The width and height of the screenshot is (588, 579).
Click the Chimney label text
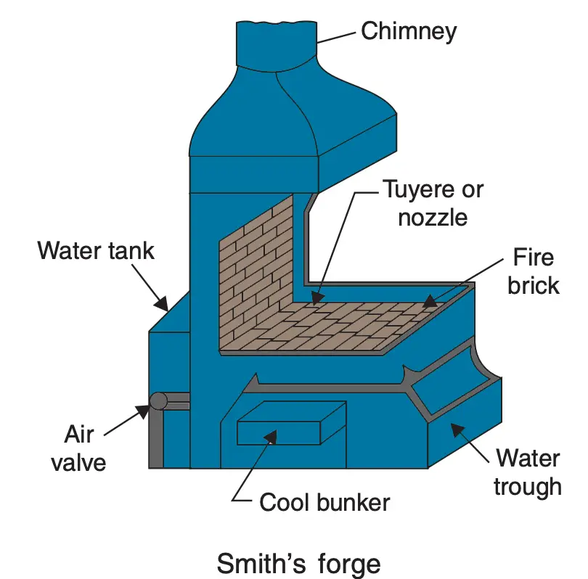pyautogui.click(x=409, y=31)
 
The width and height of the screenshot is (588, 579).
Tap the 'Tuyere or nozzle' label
pyautogui.click(x=432, y=203)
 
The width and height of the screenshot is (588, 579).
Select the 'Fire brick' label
pyautogui.click(x=533, y=271)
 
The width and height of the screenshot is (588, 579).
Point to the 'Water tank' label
pyautogui.click(x=97, y=250)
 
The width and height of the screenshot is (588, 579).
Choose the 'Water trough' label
pyautogui.click(x=528, y=472)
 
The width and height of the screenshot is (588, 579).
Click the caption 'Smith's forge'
pyautogui.click(x=299, y=563)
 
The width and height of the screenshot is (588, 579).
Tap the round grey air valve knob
pyautogui.click(x=158, y=401)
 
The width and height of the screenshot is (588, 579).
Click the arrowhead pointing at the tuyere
pyautogui.click(x=316, y=297)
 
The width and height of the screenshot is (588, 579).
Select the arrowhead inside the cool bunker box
pyautogui.click(x=271, y=435)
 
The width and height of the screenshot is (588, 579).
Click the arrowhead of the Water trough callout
pyautogui.click(x=457, y=429)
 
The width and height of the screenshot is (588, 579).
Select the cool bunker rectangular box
pyautogui.click(x=290, y=424)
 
